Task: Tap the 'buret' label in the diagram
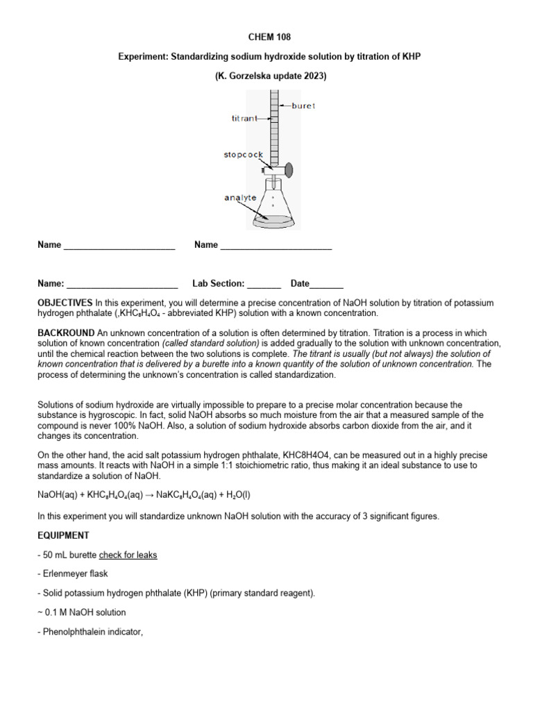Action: pyautogui.click(x=303, y=106)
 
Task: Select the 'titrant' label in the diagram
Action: pyautogui.click(x=244, y=119)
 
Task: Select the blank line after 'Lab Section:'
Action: pyautogui.click(x=264, y=284)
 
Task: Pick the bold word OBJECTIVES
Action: pyautogui.click(x=65, y=303)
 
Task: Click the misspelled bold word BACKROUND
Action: pyautogui.click(x=65, y=333)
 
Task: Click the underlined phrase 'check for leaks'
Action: pyautogui.click(x=128, y=555)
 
